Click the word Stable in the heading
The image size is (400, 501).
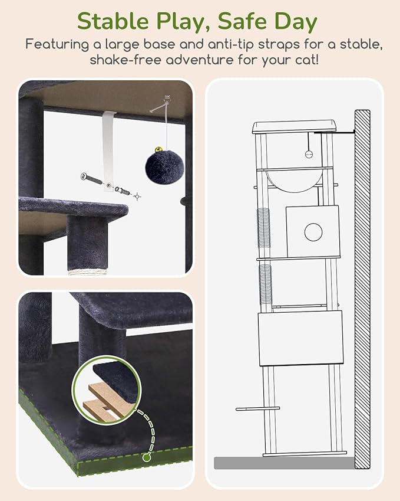(112, 21)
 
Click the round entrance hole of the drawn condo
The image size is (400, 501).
(312, 232)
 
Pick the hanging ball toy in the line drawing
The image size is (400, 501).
(308, 153)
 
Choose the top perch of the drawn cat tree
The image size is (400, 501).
(294, 126)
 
